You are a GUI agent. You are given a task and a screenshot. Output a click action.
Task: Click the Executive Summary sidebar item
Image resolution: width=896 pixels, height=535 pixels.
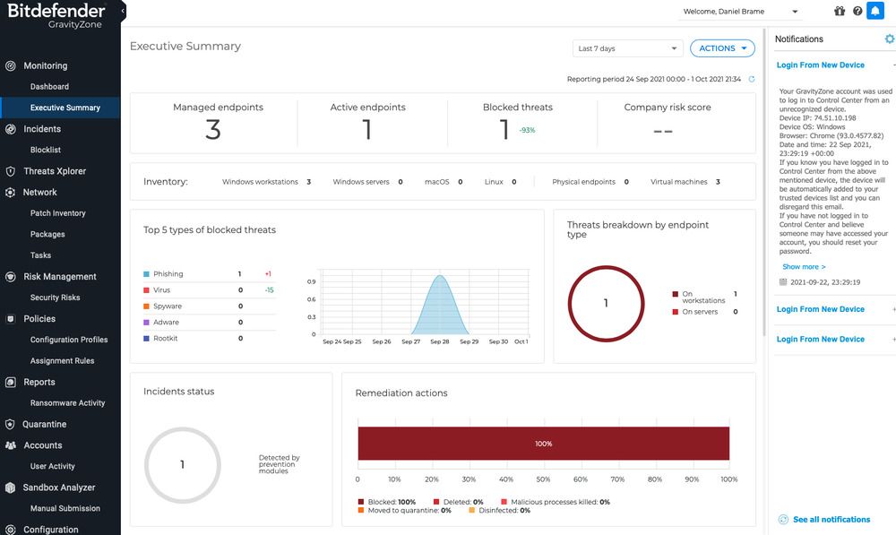click(x=65, y=108)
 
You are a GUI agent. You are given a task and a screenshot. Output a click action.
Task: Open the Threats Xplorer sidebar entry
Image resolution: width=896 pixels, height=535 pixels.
click(x=54, y=171)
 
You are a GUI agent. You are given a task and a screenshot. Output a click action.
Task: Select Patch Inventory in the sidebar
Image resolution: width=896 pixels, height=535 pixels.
click(x=57, y=213)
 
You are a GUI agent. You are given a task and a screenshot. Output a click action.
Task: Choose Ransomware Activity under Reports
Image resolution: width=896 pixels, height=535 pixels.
click(x=67, y=403)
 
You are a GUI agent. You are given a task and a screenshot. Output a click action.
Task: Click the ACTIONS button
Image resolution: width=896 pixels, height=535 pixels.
click(x=722, y=48)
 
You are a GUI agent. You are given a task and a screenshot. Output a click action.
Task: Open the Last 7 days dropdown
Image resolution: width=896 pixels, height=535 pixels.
click(x=627, y=48)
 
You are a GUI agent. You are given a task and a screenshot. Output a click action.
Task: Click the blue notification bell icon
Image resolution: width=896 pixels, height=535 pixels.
click(x=874, y=12)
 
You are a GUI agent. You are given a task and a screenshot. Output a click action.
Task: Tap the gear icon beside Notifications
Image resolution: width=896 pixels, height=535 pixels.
click(x=889, y=39)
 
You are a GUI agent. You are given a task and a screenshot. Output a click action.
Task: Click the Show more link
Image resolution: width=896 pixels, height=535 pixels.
click(x=804, y=267)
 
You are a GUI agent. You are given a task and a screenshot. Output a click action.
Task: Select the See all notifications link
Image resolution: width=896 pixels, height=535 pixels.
click(x=831, y=520)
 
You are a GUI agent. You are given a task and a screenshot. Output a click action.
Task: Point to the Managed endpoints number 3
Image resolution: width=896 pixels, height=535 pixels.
click(x=213, y=131)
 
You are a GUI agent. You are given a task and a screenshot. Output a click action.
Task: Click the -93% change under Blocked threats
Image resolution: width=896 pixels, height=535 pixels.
click(x=527, y=131)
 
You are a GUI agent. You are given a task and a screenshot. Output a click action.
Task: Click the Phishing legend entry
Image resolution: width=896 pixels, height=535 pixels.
click(x=168, y=274)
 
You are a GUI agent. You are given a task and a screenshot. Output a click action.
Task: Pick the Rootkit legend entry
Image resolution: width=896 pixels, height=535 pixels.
click(x=165, y=339)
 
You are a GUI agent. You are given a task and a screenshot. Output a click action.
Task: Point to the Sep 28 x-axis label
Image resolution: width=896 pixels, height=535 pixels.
click(x=439, y=341)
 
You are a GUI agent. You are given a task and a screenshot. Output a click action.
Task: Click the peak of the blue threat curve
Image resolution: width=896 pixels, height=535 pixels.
click(x=440, y=276)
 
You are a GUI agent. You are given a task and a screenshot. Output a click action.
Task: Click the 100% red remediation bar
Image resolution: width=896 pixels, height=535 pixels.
click(x=543, y=444)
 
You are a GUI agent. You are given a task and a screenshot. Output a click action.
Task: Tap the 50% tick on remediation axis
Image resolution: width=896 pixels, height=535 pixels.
click(x=543, y=479)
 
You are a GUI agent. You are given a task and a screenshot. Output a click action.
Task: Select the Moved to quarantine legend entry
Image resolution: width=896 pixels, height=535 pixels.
click(x=401, y=511)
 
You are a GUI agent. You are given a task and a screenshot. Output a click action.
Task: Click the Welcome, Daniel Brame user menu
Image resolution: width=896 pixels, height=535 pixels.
click(x=740, y=12)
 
